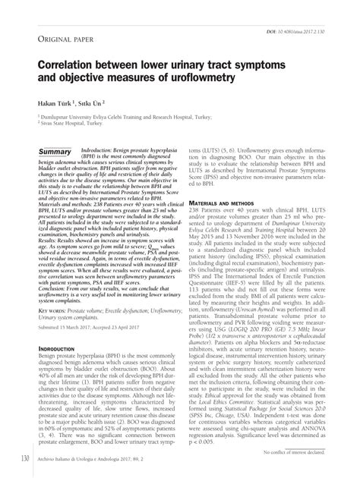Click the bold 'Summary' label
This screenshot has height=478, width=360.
pos(53,153)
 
